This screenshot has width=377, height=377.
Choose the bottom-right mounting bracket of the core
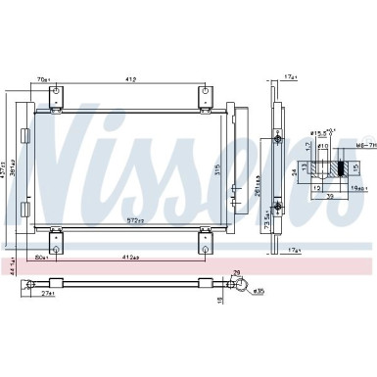click(x=206, y=237)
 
